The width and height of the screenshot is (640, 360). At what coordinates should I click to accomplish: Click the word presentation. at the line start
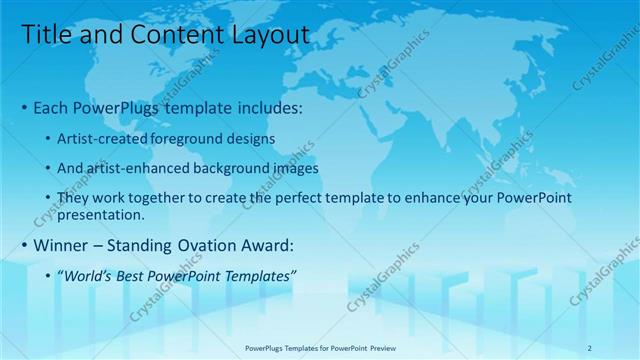click(x=101, y=214)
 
